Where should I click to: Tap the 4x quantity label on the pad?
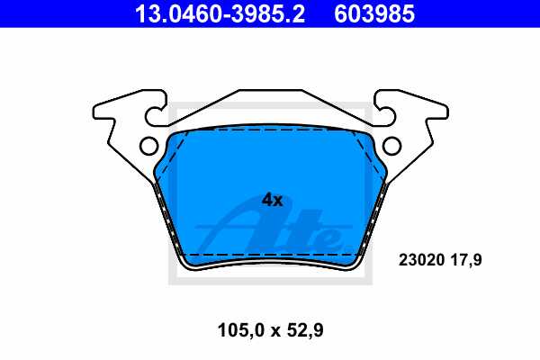[x=272, y=200]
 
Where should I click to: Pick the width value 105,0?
[x=237, y=330]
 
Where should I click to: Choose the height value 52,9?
[x=304, y=330]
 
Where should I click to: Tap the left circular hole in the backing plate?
[x=148, y=146]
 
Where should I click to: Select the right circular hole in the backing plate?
[x=391, y=146]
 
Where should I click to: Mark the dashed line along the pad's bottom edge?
[x=270, y=255]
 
